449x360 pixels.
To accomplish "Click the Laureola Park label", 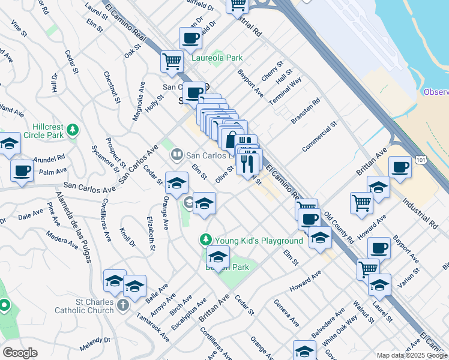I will tap(217, 58).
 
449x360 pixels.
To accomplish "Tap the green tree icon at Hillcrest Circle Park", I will tap(73, 129).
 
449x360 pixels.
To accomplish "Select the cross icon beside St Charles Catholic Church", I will tap(122, 305).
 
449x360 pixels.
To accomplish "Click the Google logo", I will tap(20, 353).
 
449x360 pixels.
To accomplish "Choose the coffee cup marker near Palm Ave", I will tap(22, 170).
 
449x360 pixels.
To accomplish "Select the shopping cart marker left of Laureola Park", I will tap(172, 61).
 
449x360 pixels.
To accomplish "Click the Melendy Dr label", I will tap(95, 344).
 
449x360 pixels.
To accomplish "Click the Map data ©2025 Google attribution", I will tap(411, 355).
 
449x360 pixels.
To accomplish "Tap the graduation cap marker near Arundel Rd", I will tap(9, 145).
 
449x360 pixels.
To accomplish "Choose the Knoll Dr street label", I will tap(128, 236).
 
